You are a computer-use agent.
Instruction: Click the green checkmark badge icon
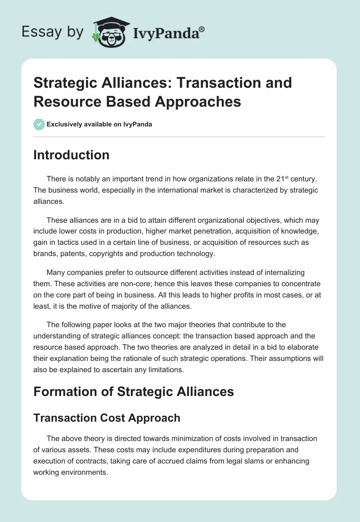point(39,124)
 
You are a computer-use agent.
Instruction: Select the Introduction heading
point(72,155)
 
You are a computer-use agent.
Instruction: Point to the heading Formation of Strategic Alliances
point(134,391)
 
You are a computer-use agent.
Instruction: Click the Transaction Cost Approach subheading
point(107,418)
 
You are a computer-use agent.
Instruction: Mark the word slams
point(237,461)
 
